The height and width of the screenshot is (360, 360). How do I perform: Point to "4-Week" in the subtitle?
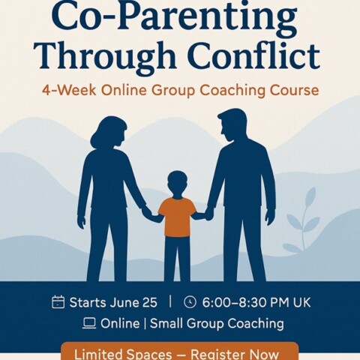(x=69, y=90)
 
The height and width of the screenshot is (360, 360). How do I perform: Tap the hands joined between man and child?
(x=208, y=212)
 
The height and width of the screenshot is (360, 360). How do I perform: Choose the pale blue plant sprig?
(x=302, y=220)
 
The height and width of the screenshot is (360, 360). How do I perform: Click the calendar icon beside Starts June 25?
(x=58, y=302)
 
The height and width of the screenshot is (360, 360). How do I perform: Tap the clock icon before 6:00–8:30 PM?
(x=190, y=302)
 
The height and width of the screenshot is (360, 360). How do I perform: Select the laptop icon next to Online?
(x=89, y=323)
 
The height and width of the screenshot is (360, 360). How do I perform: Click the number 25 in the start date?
(x=149, y=302)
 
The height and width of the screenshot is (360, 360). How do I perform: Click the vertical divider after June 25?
(x=170, y=301)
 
